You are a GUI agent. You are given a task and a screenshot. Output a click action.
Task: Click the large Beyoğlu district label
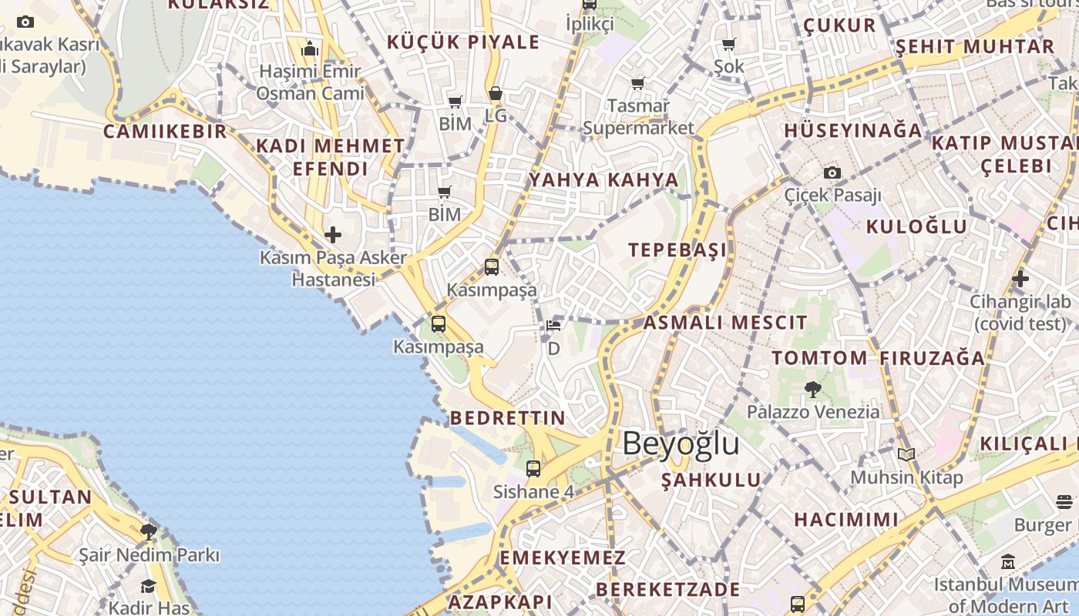681,444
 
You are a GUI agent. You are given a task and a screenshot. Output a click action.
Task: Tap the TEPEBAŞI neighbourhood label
677,250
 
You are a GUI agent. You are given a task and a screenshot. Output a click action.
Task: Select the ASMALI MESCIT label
725,323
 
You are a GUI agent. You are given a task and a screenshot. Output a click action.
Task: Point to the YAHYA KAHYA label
603,180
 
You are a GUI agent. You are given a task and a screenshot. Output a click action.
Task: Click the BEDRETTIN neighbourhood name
507,418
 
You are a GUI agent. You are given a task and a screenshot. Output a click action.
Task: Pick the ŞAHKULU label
711,480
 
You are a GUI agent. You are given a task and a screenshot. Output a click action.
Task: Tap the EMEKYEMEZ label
563,557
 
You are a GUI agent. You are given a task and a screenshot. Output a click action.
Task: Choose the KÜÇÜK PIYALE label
462,42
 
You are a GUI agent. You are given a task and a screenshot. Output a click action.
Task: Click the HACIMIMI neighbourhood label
846,520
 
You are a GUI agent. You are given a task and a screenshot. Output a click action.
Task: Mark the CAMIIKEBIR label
166,131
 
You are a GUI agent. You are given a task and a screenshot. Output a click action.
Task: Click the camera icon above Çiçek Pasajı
832,172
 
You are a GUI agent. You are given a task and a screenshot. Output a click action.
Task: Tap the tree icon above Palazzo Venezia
812,390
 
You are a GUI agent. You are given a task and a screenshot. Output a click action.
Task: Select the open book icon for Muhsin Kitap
906,455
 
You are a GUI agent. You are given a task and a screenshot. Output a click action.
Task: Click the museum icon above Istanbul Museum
1008,561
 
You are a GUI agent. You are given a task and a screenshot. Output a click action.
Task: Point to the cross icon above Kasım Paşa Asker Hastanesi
333,234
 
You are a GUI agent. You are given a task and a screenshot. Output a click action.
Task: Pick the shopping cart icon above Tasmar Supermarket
638,83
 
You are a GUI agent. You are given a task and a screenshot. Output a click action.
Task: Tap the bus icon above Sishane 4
533,468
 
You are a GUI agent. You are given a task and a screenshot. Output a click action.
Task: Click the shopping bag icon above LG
496,94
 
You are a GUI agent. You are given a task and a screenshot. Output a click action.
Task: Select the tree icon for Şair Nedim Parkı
149,531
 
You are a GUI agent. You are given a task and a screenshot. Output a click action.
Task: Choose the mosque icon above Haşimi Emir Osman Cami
310,49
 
